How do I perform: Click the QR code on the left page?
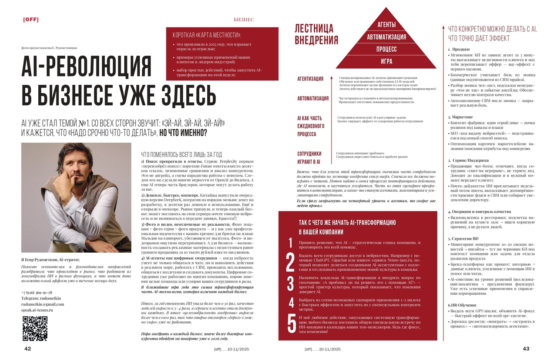pos(35,329)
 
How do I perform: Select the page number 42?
pos(27,348)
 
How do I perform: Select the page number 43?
pos(526,348)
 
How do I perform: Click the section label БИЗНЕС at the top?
pos(244,20)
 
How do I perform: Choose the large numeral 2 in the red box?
pos(290,262)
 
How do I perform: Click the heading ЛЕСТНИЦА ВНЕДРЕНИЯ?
pos(316,35)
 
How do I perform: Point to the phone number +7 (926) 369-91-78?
pos(37,293)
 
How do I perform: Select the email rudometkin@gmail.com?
pos(43,304)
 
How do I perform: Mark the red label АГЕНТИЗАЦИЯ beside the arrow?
pos(310,79)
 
